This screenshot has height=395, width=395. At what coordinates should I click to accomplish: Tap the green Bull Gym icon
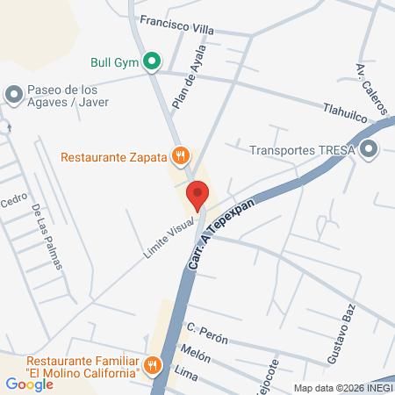point(151,62)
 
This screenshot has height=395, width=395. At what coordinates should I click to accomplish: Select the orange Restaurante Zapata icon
point(181,156)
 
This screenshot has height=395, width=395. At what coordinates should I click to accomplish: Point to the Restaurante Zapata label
point(114,157)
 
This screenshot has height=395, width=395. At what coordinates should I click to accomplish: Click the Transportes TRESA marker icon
point(370,149)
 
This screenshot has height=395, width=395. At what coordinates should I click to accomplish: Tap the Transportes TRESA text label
point(302,150)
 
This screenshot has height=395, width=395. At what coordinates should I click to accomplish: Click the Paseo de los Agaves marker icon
point(13,93)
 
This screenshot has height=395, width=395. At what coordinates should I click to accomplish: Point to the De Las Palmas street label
point(48,237)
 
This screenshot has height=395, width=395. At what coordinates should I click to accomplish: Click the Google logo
point(29,384)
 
